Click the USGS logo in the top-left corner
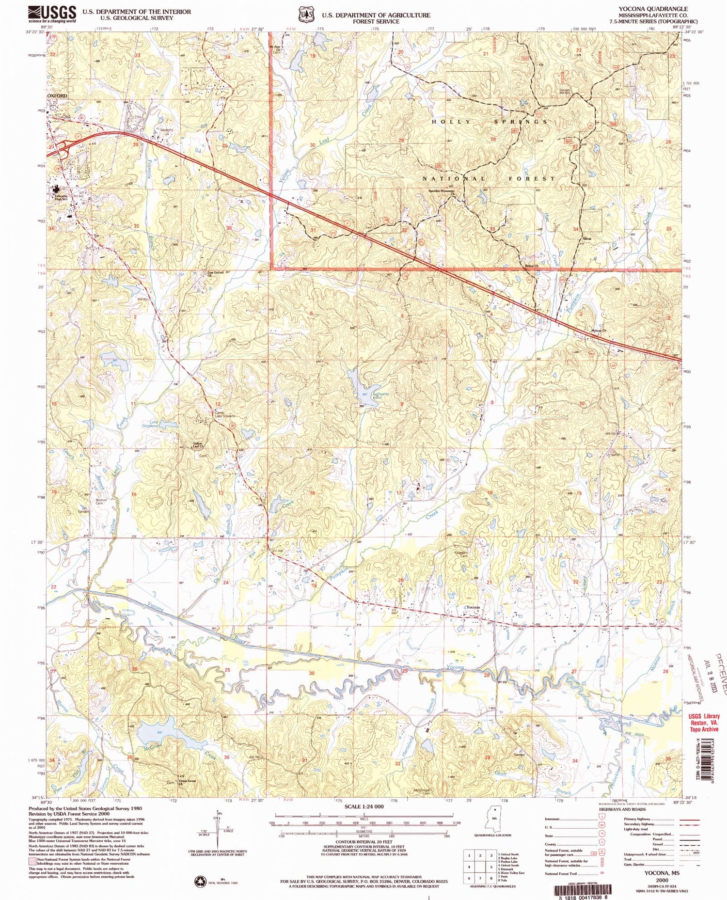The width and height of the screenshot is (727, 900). coord(52,14)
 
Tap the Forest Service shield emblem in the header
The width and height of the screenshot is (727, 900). coord(305,15)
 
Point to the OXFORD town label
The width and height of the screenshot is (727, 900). coord(57,96)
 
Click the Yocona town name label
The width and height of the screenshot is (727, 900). coord(473,607)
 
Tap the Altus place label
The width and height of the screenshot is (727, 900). coord(587,239)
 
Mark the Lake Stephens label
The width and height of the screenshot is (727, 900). coord(151,424)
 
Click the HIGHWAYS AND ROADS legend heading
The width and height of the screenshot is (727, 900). coord(622,809)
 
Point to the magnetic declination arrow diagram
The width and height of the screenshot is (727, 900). coord(217,830)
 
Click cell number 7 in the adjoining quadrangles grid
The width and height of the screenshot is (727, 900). coord(480,878)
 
